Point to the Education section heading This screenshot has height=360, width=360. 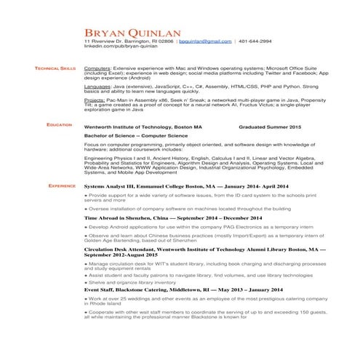click(x=60, y=125)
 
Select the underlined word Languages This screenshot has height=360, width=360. click(x=98, y=85)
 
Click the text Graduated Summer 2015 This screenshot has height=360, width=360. click(x=270, y=127)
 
